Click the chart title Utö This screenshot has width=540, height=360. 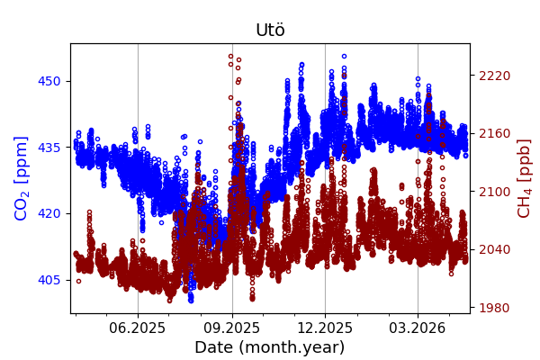(x=270, y=30)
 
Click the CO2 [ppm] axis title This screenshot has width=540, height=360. (x=22, y=178)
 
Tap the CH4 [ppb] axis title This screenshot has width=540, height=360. (x=524, y=178)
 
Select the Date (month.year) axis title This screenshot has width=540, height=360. (x=270, y=347)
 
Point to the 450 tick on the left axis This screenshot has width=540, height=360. (x=49, y=81)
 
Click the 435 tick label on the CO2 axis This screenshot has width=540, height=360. (x=49, y=147)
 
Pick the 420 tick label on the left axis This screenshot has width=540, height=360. (x=49, y=213)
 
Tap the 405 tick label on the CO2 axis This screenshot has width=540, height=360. (x=49, y=280)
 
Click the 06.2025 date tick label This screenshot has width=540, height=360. (x=138, y=328)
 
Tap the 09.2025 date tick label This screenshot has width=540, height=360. (x=232, y=328)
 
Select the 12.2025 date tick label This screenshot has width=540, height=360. (x=325, y=328)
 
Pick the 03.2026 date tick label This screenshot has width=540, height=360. (x=417, y=328)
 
